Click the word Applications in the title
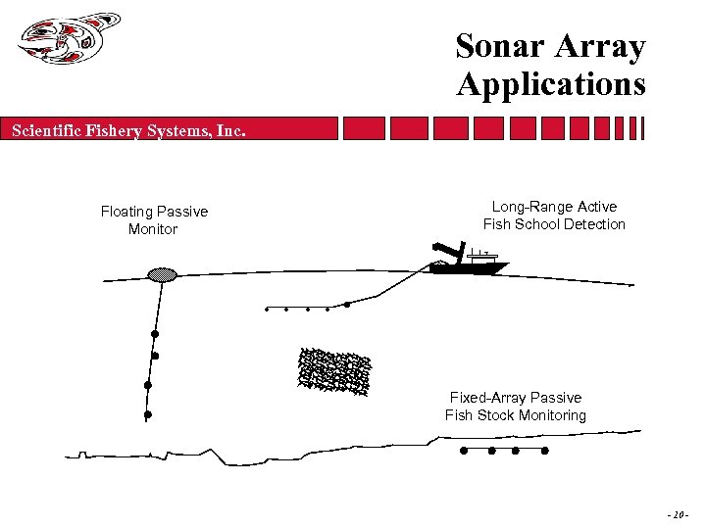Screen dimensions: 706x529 550,84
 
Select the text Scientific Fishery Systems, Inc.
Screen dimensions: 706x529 128,129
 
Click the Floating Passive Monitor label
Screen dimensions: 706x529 154,220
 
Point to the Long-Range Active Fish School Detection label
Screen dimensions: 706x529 554,216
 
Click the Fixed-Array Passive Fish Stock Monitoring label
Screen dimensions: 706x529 516,407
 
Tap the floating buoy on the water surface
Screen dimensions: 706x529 161,275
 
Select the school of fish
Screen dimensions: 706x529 334,370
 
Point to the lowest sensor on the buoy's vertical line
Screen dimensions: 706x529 147,414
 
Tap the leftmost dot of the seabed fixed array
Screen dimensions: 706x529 464,452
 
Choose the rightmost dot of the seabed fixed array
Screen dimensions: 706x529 545,452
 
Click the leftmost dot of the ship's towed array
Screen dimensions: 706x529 267,310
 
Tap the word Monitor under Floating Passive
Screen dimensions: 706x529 153,229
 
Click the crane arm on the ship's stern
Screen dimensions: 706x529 447,249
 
